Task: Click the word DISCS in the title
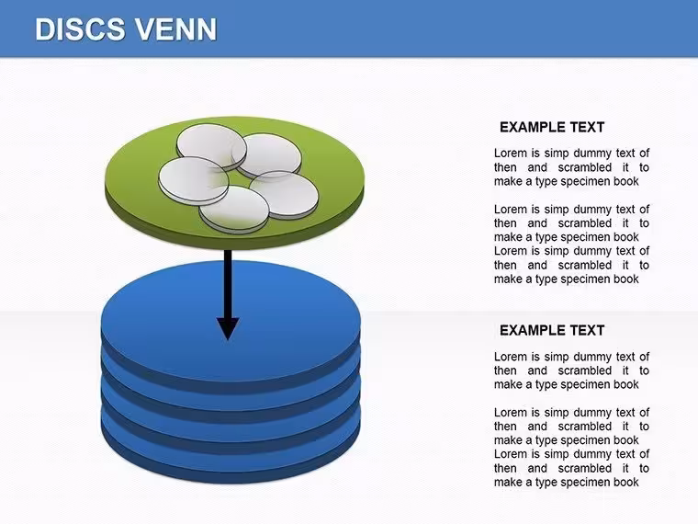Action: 80,29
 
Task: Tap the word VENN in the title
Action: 175,29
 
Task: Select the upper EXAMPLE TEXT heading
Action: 552,128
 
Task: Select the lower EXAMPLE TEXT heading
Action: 552,330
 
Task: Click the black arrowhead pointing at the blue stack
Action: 228,328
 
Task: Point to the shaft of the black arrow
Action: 228,284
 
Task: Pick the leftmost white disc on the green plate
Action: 194,180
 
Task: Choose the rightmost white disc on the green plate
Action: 284,195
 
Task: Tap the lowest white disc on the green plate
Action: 234,210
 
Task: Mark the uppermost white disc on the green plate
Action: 211,147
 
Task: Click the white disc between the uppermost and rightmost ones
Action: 267,156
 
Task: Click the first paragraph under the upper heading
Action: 571,167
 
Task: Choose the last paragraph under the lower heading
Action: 571,468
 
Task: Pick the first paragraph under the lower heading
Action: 571,370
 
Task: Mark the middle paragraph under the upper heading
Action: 571,222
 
